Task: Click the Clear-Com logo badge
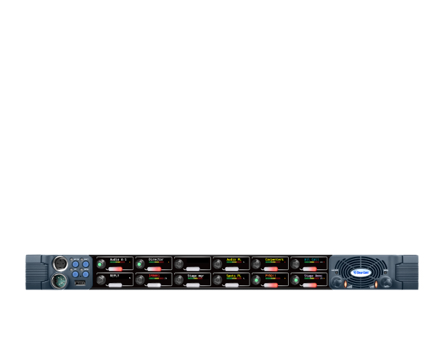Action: (361, 273)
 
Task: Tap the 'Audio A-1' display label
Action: (118, 259)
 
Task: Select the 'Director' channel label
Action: (156, 259)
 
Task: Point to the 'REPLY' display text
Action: (115, 277)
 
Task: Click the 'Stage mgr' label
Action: (195, 277)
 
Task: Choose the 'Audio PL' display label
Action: (234, 259)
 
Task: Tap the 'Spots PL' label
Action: (234, 277)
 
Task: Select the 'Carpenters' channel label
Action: (274, 259)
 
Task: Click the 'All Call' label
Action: (312, 259)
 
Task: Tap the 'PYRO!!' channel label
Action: (270, 277)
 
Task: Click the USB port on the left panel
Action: (81, 283)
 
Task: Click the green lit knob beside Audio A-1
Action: (100, 263)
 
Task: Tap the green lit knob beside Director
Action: (139, 263)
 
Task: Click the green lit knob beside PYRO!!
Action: (257, 281)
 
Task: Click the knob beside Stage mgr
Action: (178, 281)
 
